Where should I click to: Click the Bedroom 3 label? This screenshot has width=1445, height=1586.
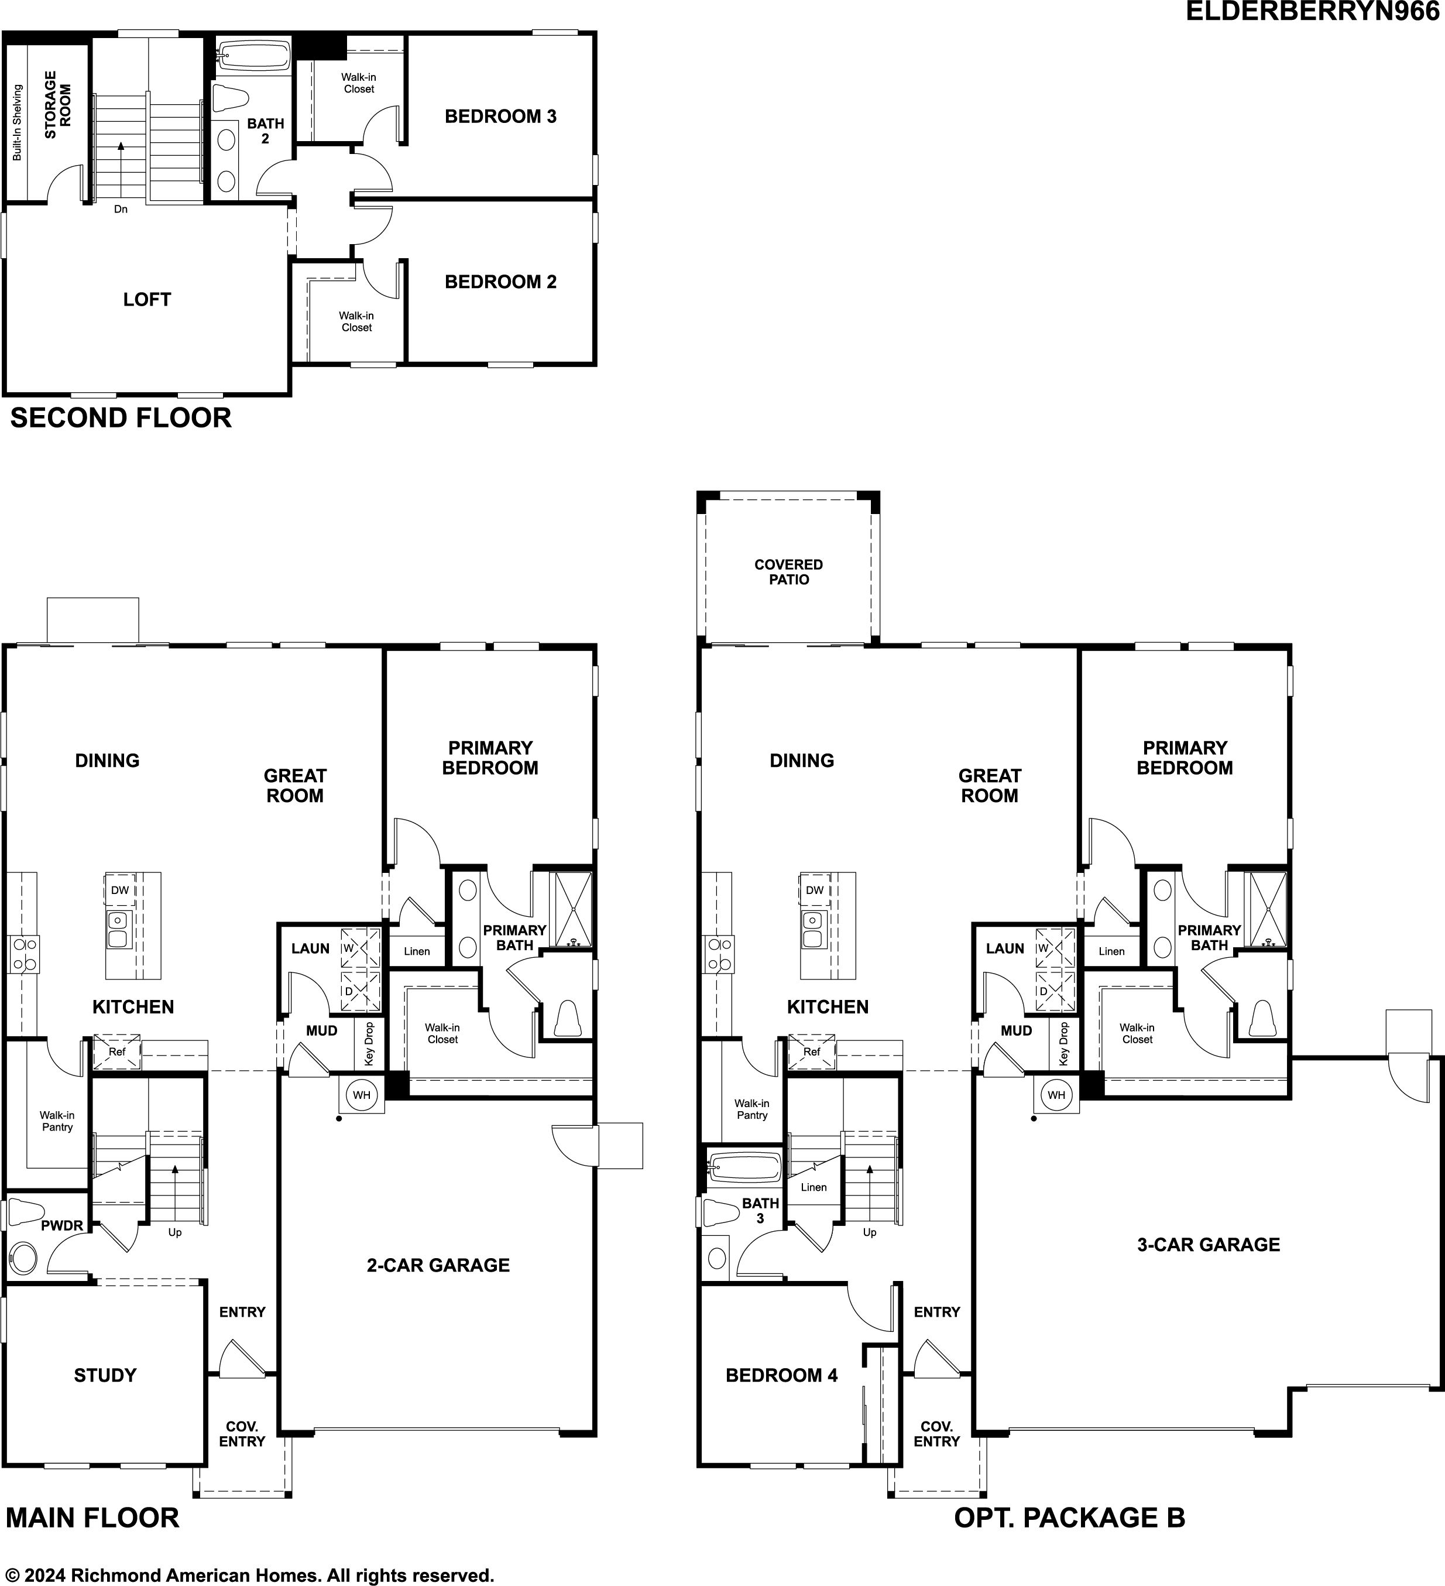point(500,117)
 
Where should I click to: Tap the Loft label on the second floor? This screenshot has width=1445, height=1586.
point(147,299)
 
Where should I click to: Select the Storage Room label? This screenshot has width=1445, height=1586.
point(57,105)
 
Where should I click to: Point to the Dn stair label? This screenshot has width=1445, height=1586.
point(121,209)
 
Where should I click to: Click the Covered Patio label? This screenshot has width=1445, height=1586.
point(788,572)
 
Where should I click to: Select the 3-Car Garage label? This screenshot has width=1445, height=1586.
point(1208,1245)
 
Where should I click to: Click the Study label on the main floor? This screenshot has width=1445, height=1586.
point(105,1375)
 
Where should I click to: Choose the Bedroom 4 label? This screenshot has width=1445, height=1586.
point(781,1375)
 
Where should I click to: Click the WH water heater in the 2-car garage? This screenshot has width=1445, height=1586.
point(361,1095)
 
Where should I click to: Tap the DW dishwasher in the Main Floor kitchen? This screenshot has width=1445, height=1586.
point(119,890)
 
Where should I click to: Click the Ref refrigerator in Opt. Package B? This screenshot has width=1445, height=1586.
point(812,1052)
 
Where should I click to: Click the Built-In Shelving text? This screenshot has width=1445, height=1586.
point(18,123)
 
